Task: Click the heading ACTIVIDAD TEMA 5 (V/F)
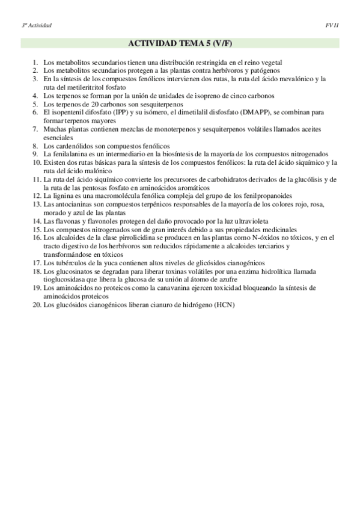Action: pos(180,44)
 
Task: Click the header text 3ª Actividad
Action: pos(37,25)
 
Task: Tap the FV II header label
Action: pos(332,25)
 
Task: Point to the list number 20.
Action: pos(37,305)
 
